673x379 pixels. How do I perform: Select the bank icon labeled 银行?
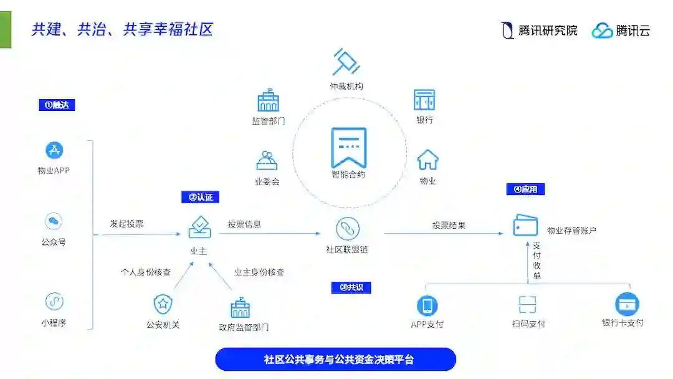point(424,100)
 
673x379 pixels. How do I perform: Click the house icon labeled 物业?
point(427,160)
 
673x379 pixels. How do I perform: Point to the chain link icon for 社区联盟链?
point(348,229)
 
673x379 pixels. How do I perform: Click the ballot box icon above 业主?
point(199,227)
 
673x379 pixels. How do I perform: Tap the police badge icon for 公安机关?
point(163,304)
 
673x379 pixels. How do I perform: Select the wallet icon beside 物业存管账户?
point(525,226)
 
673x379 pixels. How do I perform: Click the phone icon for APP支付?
point(427,305)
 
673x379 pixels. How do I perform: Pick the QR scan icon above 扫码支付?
point(528,305)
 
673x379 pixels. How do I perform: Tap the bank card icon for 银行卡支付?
point(627,304)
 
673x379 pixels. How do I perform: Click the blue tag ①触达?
point(57,105)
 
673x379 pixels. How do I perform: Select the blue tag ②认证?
point(200,197)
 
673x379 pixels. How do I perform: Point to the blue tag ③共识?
point(351,287)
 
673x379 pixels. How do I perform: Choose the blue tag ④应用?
point(525,189)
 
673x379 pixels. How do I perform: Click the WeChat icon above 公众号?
point(54,221)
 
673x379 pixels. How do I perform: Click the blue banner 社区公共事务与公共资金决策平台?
point(336,360)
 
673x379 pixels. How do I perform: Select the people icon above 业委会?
point(267,160)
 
